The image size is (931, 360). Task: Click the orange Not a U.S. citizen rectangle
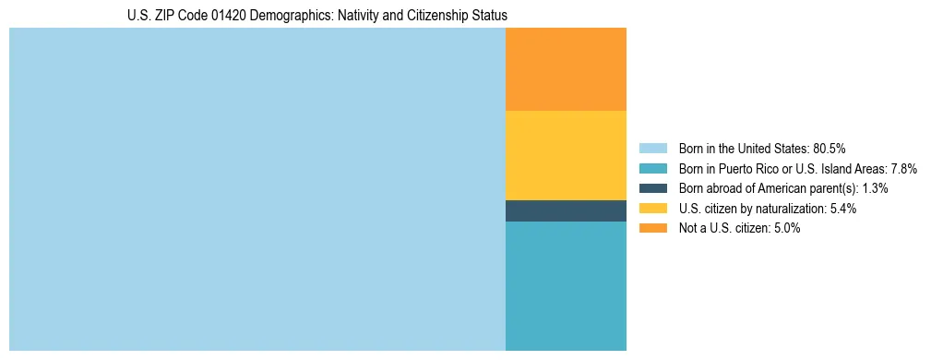coord(566,69)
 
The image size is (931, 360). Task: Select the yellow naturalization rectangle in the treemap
coord(566,155)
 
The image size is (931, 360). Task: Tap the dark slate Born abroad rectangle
coord(566,210)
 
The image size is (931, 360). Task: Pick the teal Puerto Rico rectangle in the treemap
coord(566,286)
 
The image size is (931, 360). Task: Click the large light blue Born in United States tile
coord(257,189)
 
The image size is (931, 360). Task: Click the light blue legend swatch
coord(652,149)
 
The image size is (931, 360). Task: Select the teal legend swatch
coord(652,169)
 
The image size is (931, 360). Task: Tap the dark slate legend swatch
coord(652,188)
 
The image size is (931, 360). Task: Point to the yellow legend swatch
coord(652,209)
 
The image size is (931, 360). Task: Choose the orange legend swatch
coord(652,228)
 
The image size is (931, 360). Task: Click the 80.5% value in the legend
coord(829,149)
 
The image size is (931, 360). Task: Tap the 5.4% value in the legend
coord(841,209)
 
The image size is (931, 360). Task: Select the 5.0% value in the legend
coord(785,228)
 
